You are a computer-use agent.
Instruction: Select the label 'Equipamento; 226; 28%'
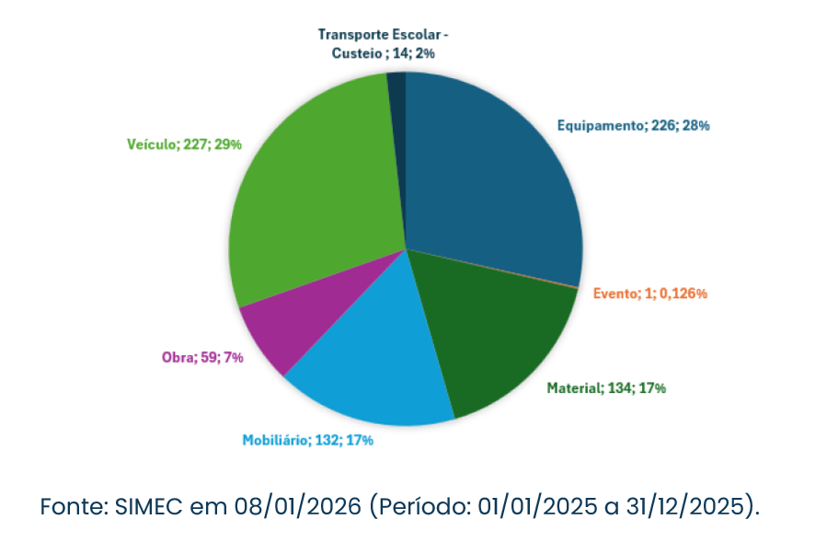click(633, 125)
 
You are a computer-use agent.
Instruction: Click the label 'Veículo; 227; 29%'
click(185, 144)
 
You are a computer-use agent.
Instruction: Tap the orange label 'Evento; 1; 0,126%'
click(649, 294)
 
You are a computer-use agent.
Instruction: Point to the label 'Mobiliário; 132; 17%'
click(307, 440)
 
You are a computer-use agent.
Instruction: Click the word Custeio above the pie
click(357, 53)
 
